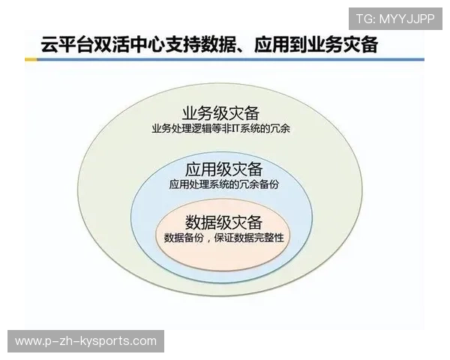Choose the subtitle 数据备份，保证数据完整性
[223, 238]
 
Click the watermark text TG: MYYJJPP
[394, 17]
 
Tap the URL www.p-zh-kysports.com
[86, 341]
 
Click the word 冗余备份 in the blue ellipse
[253, 183]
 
